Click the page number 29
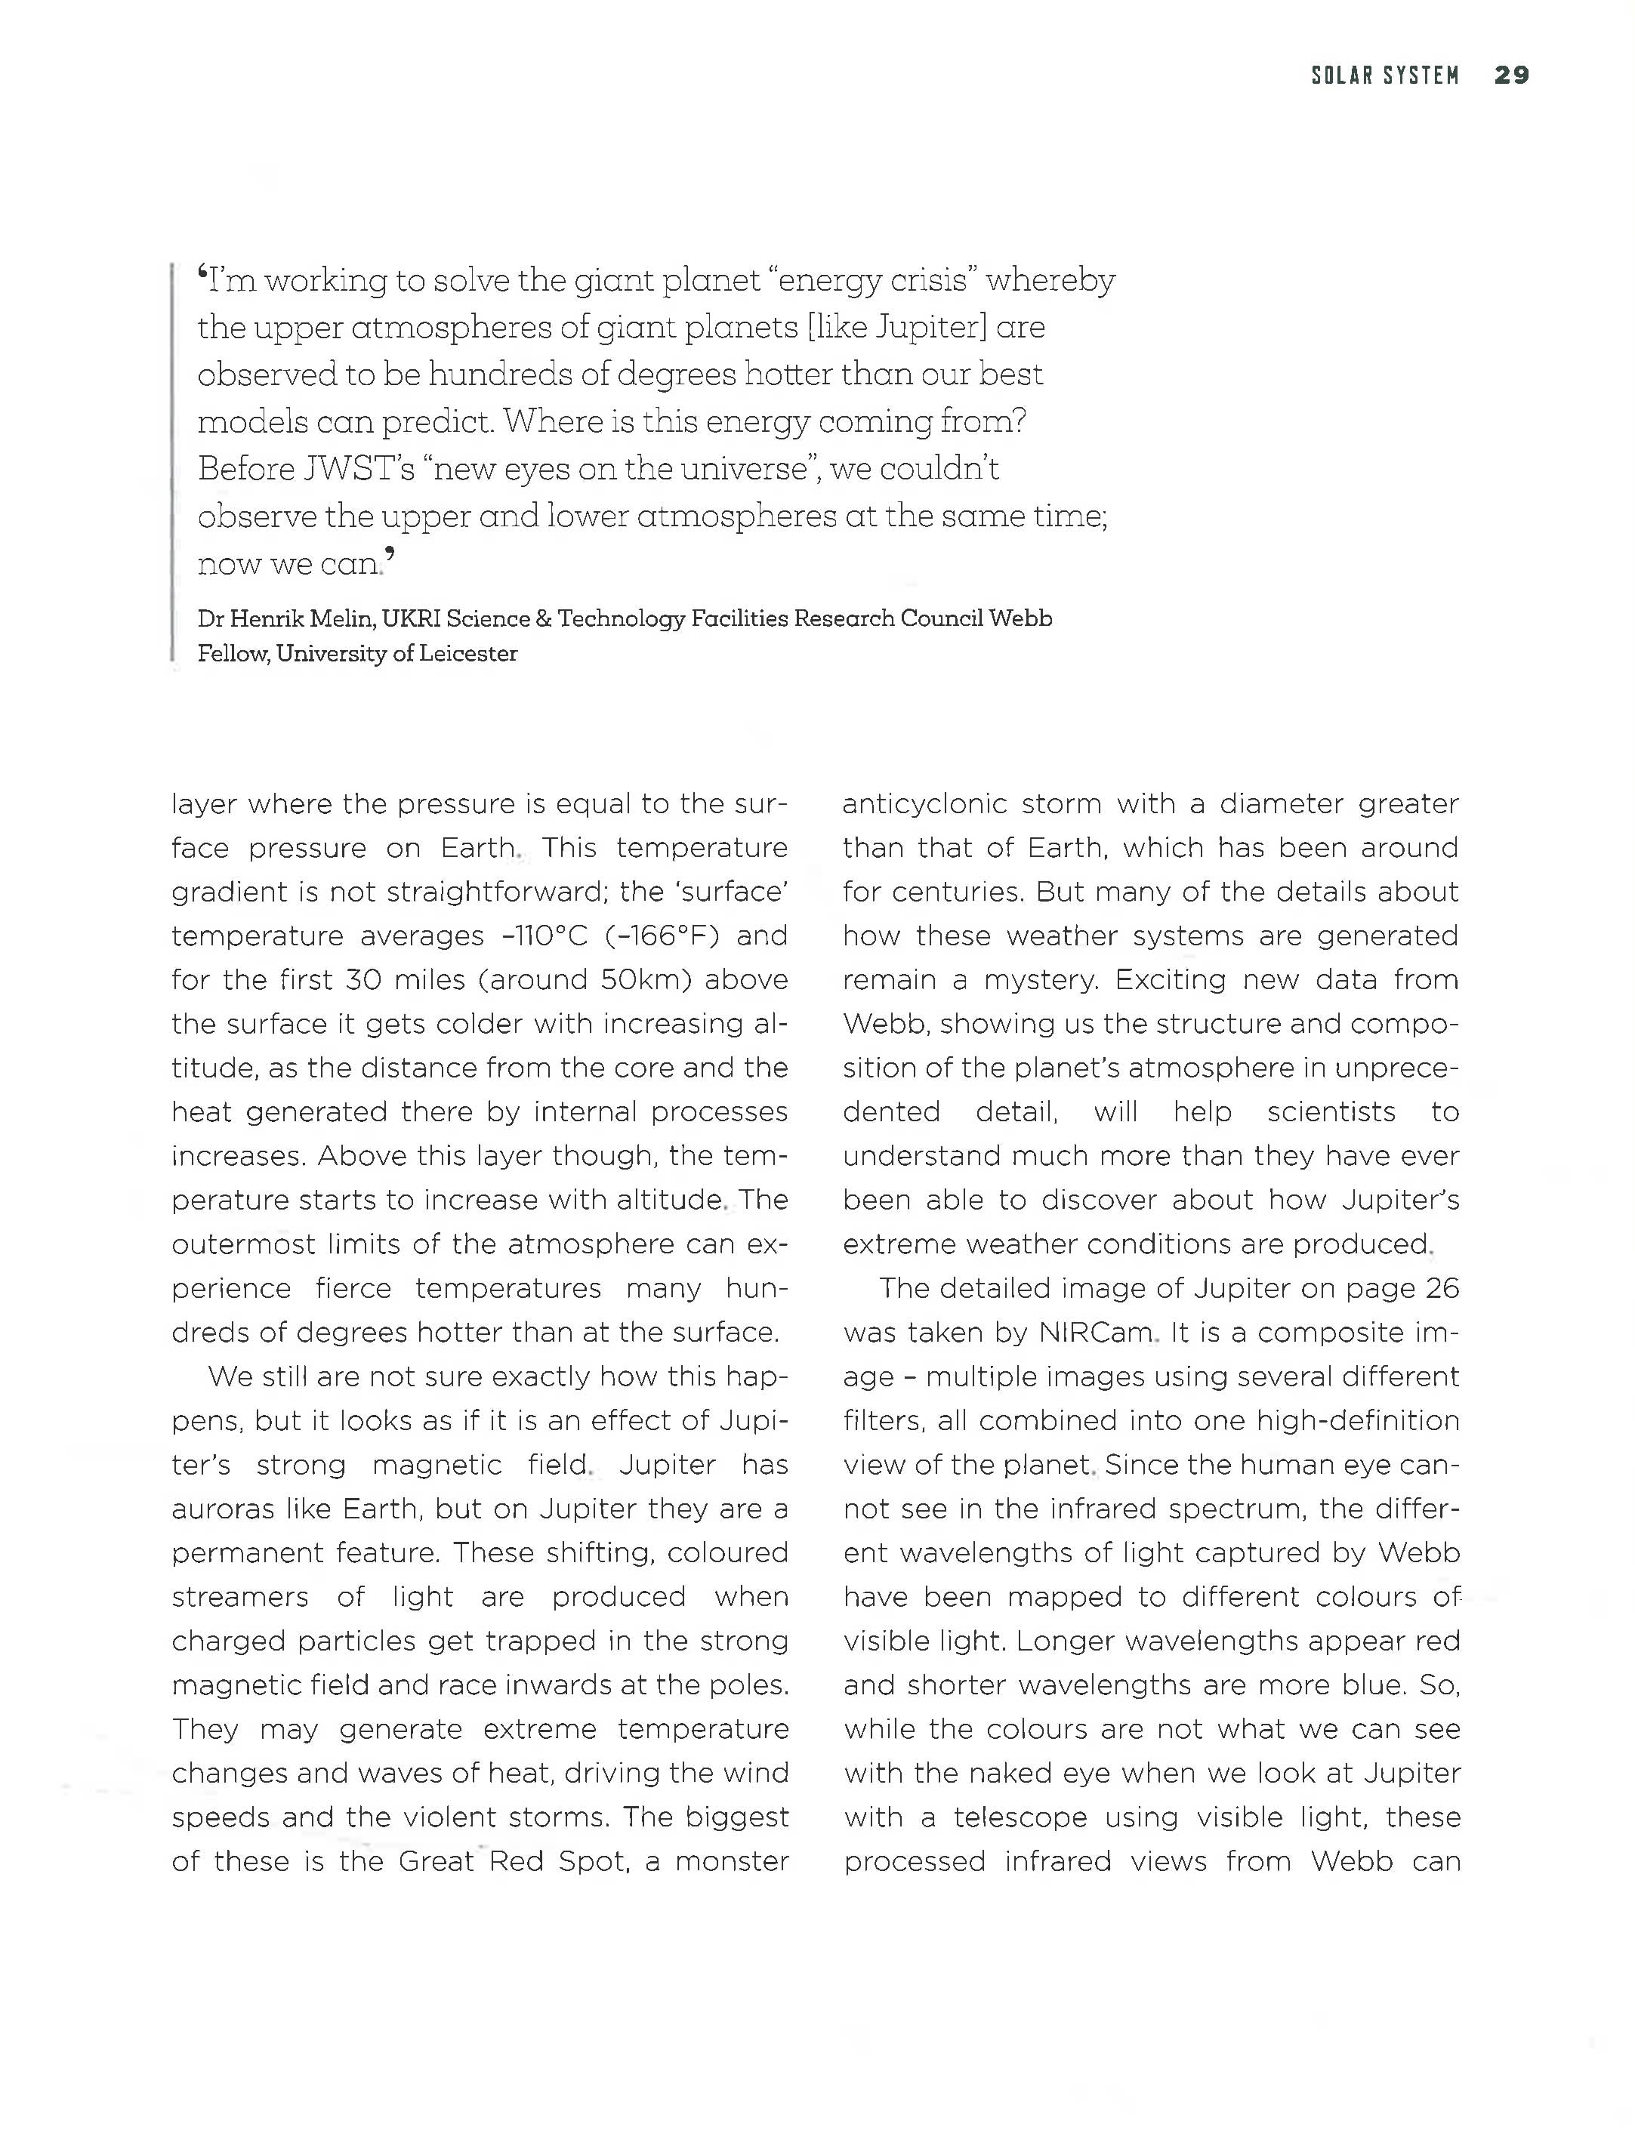click(x=1510, y=75)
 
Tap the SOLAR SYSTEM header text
click(x=1385, y=75)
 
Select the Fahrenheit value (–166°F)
click(x=662, y=936)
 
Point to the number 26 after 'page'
click(x=1440, y=1288)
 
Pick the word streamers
click(x=239, y=1597)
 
